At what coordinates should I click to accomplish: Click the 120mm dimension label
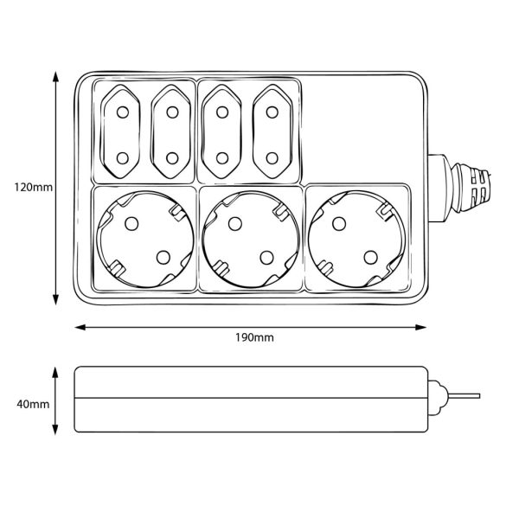pyautogui.click(x=33, y=187)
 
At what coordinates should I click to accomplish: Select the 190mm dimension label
pyautogui.click(x=254, y=337)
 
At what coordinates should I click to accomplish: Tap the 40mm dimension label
pyautogui.click(x=33, y=404)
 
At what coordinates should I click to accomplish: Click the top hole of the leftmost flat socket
pyautogui.click(x=123, y=112)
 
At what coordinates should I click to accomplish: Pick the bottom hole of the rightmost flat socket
pyautogui.click(x=272, y=158)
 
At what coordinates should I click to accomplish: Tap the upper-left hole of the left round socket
pyautogui.click(x=131, y=223)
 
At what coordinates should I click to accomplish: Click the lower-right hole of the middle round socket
pyautogui.click(x=267, y=258)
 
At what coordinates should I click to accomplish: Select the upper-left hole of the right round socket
pyautogui.click(x=339, y=224)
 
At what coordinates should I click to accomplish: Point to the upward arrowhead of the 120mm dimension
pyautogui.click(x=56, y=77)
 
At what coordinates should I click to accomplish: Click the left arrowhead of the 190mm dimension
pyautogui.click(x=80, y=328)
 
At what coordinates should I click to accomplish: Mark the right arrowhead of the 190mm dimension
pyautogui.click(x=420, y=328)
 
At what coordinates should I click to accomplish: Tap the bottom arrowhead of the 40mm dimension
pyautogui.click(x=55, y=429)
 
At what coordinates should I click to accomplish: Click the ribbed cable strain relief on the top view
pyautogui.click(x=471, y=188)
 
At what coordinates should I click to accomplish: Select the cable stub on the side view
pyautogui.click(x=464, y=396)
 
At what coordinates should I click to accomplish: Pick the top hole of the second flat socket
pyautogui.click(x=172, y=112)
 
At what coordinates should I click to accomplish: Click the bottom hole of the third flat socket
pyautogui.click(x=222, y=158)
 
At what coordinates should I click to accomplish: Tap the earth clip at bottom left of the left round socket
pyautogui.click(x=117, y=268)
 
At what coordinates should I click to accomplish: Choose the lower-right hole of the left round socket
pyautogui.click(x=163, y=257)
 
